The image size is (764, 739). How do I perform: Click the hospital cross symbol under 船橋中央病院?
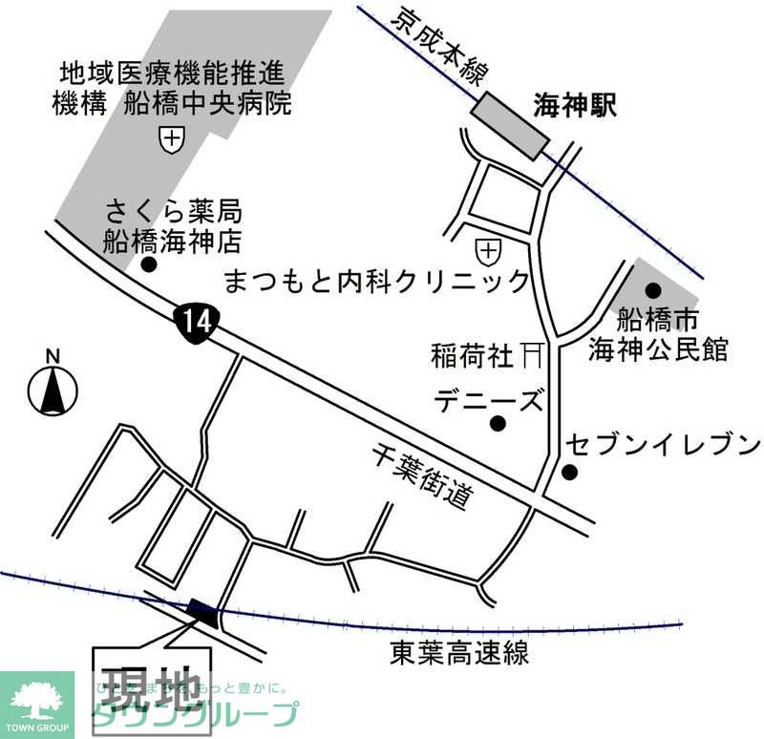tap(172, 139)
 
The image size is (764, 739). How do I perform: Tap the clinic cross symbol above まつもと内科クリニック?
tap(488, 252)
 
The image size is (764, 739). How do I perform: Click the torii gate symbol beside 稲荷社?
tap(532, 356)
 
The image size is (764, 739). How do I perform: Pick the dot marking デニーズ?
tap(496, 424)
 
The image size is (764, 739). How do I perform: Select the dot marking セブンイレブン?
tap(569, 471)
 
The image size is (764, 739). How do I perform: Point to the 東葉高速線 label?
tap(459, 654)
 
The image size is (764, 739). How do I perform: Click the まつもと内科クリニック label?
tap(376, 281)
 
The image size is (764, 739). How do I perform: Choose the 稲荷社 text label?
tap(472, 357)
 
